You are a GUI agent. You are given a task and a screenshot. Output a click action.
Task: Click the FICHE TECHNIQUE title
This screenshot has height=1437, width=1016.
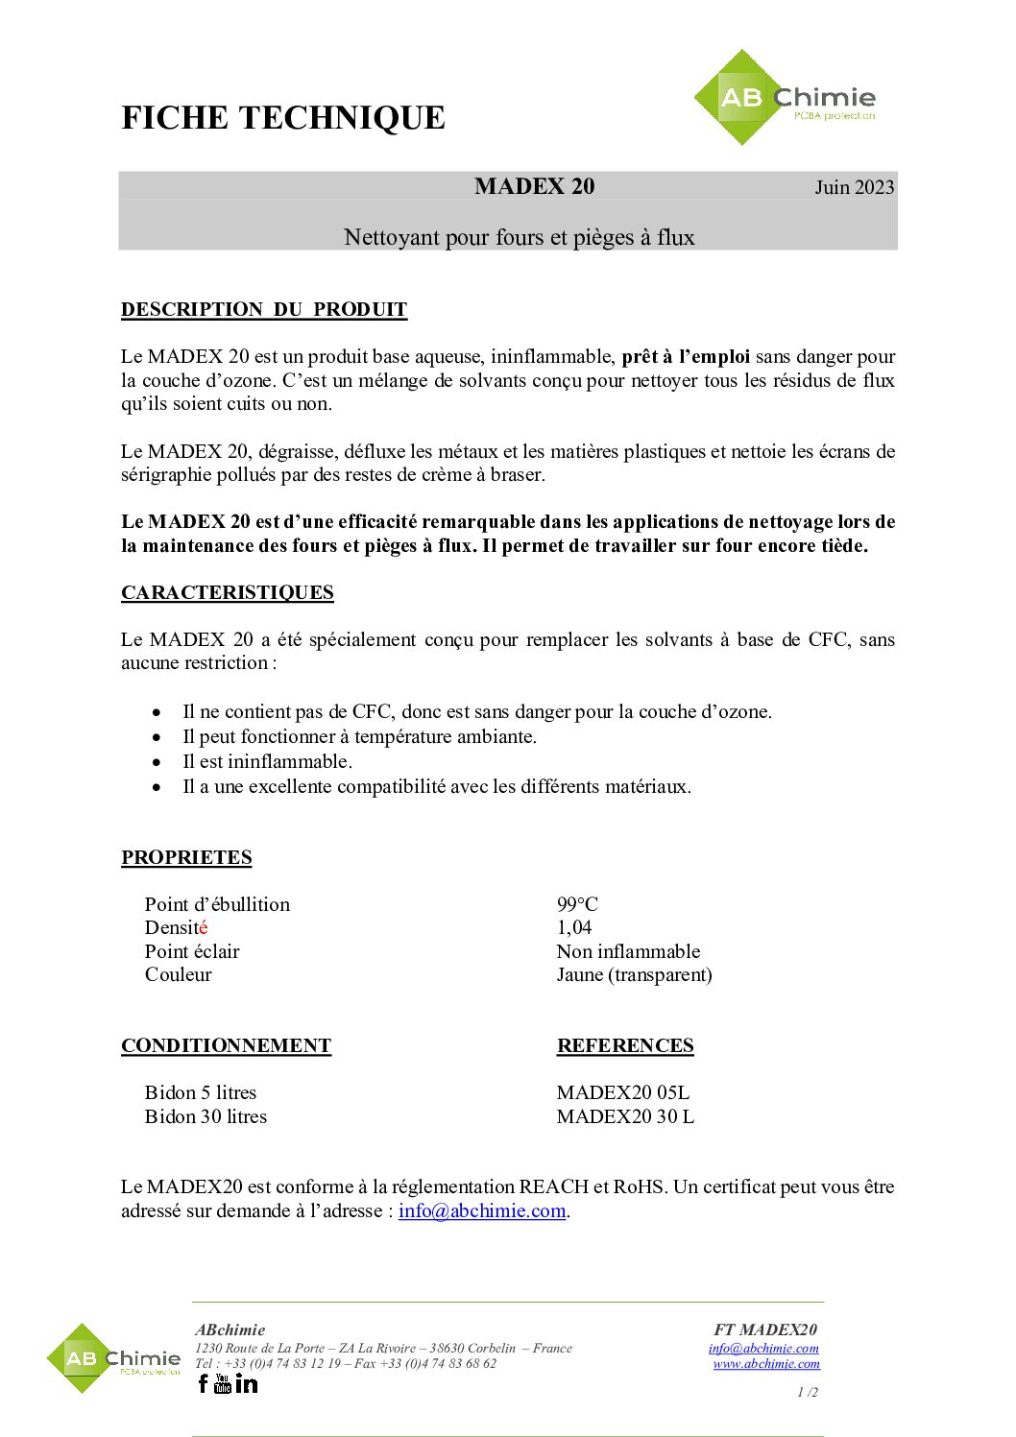283,118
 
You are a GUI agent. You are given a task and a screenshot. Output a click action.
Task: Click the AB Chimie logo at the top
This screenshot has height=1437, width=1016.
785,98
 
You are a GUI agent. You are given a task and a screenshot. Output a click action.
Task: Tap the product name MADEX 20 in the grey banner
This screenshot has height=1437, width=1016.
534,186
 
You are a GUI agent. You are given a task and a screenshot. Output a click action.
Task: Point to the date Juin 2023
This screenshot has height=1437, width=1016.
854,187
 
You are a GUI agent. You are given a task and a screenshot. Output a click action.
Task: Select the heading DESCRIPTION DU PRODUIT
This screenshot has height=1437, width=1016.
264,309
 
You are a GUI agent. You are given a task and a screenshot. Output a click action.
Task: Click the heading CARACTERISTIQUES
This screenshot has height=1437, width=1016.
228,592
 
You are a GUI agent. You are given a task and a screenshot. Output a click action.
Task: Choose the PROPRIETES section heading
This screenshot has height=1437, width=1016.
186,857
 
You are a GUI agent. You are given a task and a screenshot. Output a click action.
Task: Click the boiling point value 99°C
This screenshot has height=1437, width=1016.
577,904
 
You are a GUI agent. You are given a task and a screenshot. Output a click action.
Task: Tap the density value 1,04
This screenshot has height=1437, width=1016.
574,927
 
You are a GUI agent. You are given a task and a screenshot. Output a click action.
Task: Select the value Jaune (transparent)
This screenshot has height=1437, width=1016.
634,974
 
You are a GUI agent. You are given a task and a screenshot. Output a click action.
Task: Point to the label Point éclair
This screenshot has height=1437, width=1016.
192,951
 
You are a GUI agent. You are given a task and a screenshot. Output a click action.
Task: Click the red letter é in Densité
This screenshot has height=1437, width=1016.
203,927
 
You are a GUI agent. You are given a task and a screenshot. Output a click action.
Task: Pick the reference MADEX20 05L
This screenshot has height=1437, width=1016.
622,1092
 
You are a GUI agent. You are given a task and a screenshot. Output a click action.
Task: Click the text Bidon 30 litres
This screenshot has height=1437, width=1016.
206,1116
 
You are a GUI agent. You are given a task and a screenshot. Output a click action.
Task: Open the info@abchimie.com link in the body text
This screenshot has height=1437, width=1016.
482,1210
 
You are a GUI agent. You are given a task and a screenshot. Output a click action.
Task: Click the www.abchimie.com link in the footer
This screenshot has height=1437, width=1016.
766,1363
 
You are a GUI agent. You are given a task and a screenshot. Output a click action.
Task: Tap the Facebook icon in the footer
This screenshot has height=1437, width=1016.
203,1383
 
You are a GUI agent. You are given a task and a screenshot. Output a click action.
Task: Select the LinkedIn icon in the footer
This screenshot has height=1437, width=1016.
247,1383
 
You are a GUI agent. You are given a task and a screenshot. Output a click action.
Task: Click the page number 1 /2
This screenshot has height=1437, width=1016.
808,1392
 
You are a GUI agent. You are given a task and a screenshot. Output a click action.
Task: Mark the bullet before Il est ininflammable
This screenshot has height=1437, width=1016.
157,762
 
